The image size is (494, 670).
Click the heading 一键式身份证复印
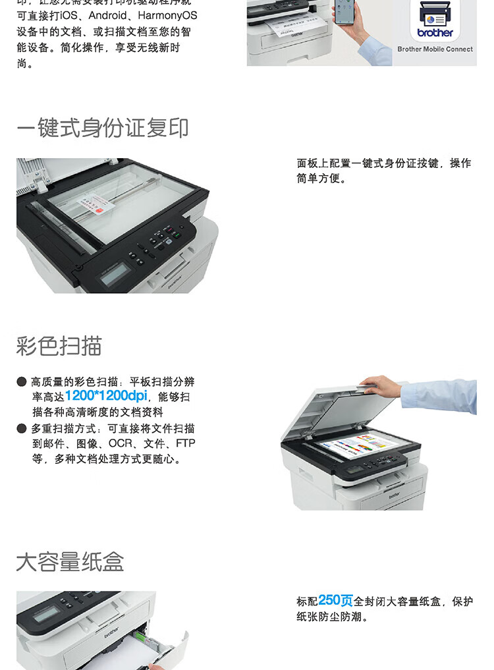tap(102, 128)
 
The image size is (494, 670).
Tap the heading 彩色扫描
tap(59, 345)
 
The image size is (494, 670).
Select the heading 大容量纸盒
tap(70, 562)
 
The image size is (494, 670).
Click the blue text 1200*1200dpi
tap(106, 397)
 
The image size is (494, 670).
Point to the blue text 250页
tap(335, 600)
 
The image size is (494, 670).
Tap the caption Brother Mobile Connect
tap(435, 49)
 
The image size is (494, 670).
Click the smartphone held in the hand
tap(344, 12)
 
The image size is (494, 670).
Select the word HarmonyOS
tap(167, 15)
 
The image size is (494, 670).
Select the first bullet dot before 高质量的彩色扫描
tap(22, 382)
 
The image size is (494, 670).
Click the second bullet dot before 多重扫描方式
tap(22, 429)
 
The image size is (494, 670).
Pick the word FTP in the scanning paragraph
tap(185, 444)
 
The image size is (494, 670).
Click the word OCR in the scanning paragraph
tap(121, 444)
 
